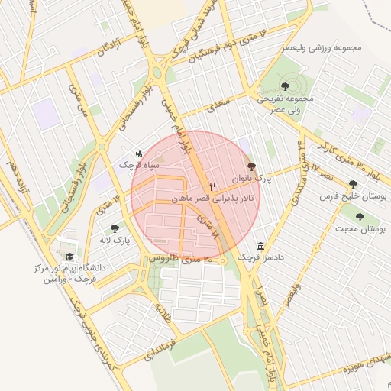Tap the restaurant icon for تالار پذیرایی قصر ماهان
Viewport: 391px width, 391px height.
213,186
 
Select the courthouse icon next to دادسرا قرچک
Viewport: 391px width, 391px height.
262,246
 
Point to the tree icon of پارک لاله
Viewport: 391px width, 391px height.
115,228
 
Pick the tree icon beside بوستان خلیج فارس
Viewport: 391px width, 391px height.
353,184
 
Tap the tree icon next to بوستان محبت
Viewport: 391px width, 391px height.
360,217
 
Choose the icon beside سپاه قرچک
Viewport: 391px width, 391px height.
137,153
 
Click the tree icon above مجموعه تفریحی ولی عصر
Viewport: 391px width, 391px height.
286,86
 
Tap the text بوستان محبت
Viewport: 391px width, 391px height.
360,229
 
